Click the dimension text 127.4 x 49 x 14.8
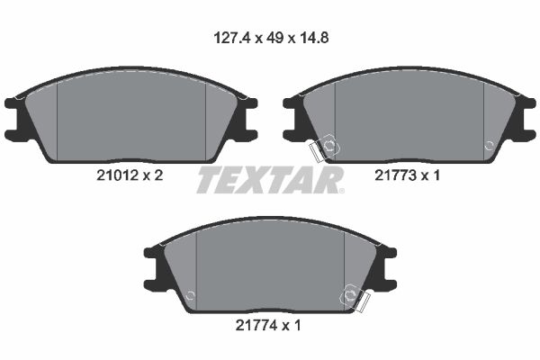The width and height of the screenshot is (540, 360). point(269,39)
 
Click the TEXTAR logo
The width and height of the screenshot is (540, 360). point(269,180)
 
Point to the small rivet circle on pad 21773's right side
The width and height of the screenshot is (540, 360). point(489,144)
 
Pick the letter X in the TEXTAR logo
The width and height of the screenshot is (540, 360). point(256,180)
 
